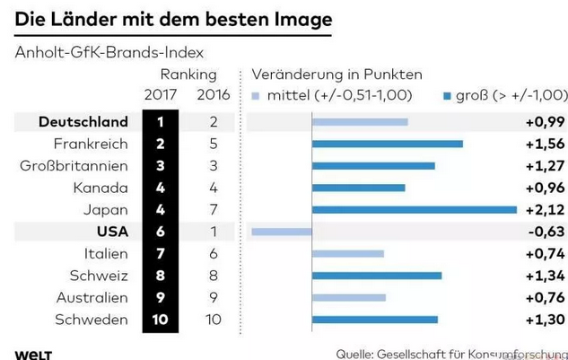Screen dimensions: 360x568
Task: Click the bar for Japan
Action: coord(414,210)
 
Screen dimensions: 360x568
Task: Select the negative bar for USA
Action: coord(281,232)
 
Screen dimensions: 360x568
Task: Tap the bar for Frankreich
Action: coord(387,144)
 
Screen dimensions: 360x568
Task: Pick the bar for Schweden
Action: coord(374,319)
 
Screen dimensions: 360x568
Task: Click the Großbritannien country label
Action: coord(74,165)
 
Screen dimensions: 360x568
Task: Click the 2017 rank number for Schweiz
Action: coord(159,276)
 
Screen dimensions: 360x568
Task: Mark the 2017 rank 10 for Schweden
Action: coord(159,319)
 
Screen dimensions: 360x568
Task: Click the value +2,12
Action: coord(545,210)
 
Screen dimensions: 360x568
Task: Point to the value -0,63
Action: coord(546,232)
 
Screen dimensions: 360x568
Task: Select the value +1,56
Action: coord(545,144)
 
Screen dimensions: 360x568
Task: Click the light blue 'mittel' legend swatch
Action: coord(257,94)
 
